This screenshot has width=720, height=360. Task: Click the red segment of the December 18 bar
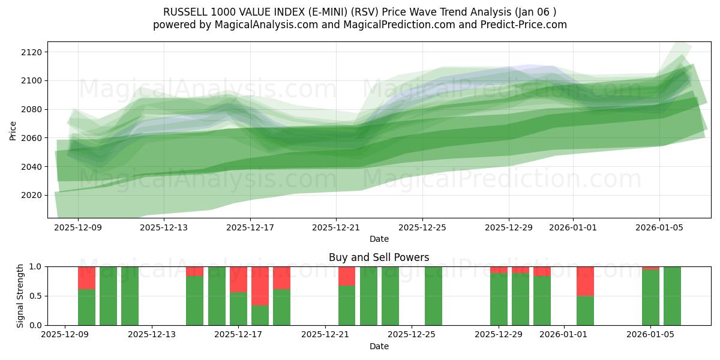260,286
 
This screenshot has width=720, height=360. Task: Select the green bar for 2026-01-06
672,296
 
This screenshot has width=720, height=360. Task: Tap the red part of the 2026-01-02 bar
585,281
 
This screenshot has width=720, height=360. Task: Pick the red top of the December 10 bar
86,278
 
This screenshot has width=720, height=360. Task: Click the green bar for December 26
433,296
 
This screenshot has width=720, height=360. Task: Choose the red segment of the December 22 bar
347,276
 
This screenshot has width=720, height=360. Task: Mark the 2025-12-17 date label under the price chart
250,228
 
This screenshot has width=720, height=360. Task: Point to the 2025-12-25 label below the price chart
422,228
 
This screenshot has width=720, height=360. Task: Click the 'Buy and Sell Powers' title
379,257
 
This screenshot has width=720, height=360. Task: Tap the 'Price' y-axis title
13,130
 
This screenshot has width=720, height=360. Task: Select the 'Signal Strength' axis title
20,296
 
